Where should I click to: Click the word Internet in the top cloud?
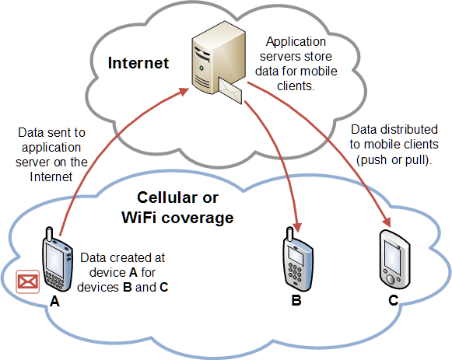tap(138, 63)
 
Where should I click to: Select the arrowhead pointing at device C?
tap(387, 221)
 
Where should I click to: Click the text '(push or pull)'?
tap(394, 158)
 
